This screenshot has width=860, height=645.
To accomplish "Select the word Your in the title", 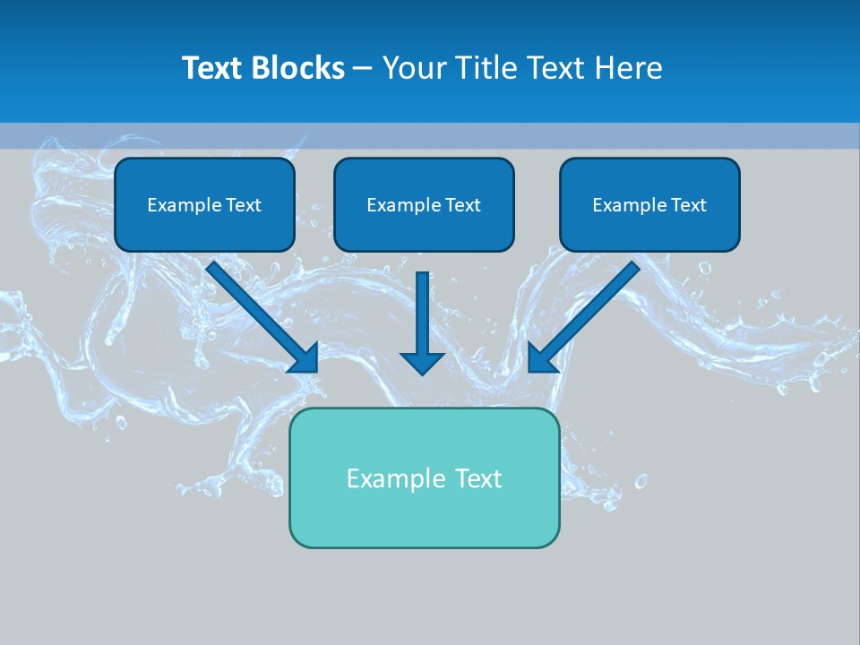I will point(413,68).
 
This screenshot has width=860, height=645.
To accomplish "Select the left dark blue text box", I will point(204,204).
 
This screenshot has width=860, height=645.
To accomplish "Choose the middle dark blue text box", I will point(424,204).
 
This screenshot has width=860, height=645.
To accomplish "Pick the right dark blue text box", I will point(649,204).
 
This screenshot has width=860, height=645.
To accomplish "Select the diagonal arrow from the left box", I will point(260,314).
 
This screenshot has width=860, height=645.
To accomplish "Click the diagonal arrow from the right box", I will point(587,314).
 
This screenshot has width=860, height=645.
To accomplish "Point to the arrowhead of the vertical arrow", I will point(422,362).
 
